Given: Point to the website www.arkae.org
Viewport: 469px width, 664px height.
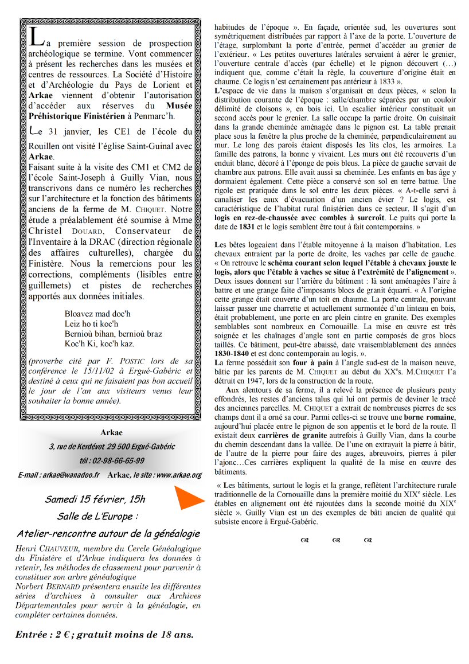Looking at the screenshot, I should pyautogui.click(x=178, y=475).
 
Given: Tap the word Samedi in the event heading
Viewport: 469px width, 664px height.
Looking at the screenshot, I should pyautogui.click(x=62, y=499).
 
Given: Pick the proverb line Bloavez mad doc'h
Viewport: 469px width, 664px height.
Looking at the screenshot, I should pyautogui.click(x=97, y=314).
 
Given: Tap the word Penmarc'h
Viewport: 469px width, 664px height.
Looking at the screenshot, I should pyautogui.click(x=154, y=116).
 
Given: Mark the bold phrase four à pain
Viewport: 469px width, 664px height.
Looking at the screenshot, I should pyautogui.click(x=312, y=362).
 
